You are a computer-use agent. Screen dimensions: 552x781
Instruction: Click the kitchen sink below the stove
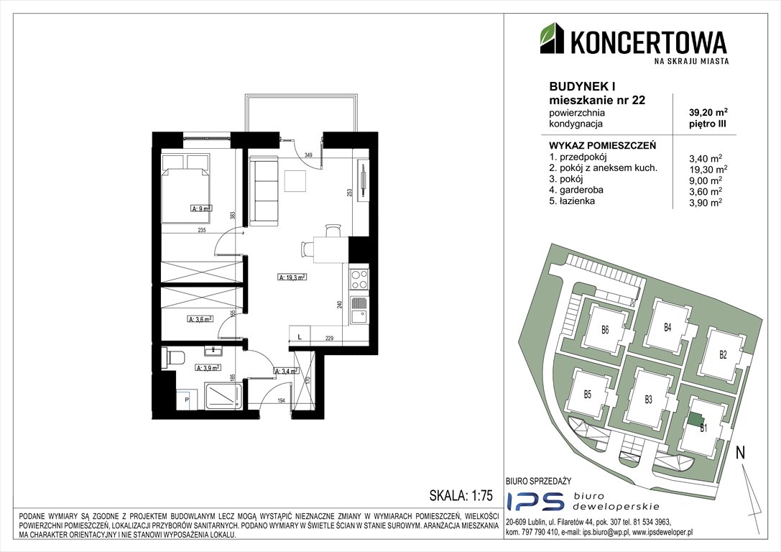359,310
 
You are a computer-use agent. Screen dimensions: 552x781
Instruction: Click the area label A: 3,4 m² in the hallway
285,372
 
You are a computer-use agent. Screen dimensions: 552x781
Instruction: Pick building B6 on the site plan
605,331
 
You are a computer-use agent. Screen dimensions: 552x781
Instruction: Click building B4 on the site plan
667,328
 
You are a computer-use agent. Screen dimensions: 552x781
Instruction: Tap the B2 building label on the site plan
723,354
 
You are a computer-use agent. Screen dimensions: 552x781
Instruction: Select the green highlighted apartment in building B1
695,418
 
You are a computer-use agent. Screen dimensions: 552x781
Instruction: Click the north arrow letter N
741,453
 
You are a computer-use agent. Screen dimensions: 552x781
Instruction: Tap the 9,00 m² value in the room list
705,180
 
